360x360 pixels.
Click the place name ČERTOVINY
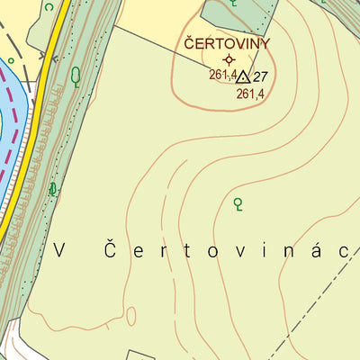(227, 42)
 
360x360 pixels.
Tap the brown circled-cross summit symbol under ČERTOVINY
(228, 59)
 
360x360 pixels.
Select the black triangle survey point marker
(242, 77)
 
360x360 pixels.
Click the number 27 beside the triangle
(261, 76)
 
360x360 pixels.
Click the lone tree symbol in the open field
(238, 204)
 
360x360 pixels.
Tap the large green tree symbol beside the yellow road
(76, 76)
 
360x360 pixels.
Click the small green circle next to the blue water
(10, 61)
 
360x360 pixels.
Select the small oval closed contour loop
(131, 316)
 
